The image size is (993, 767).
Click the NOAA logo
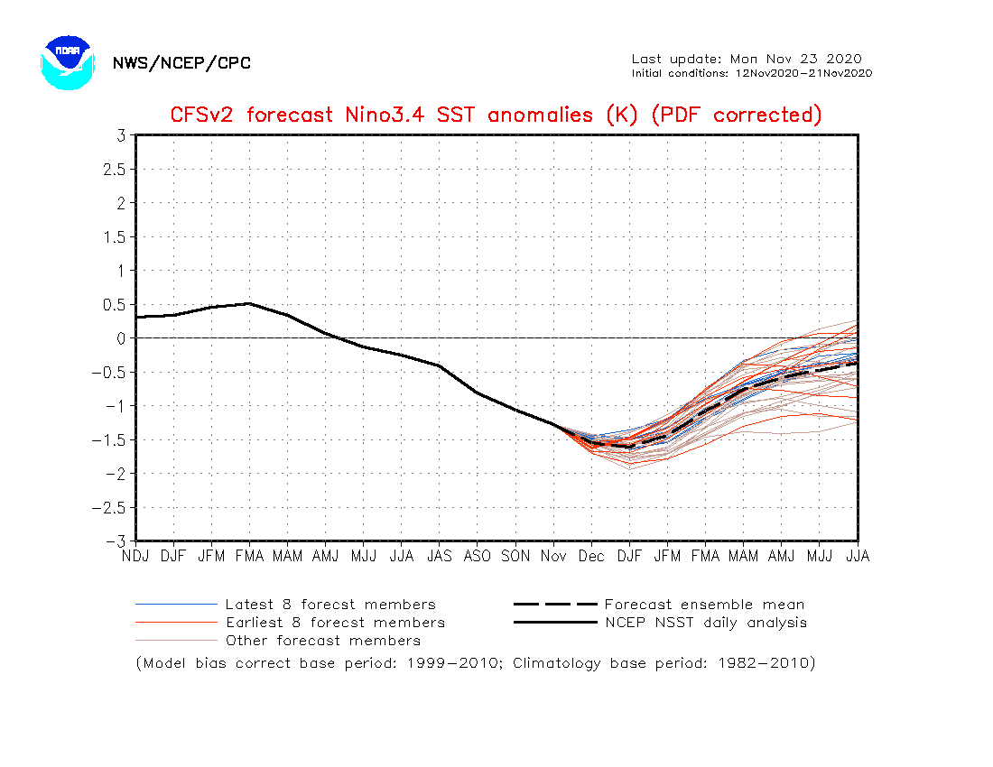(68, 62)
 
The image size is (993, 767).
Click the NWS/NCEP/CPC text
(181, 63)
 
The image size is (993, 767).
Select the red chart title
(496, 115)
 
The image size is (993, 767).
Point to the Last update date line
(747, 59)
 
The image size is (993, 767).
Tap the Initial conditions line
(752, 73)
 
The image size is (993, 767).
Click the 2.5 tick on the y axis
(114, 170)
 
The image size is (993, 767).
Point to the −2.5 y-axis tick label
(109, 507)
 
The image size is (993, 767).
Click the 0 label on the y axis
(121, 338)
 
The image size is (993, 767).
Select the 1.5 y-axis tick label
(115, 237)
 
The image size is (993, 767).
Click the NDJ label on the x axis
(135, 556)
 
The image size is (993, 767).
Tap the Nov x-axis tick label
(553, 556)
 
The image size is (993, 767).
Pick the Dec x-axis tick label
(591, 556)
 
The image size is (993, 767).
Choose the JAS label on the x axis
(440, 556)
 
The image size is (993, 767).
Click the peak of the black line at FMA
(249, 303)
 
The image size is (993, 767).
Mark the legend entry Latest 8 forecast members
(285, 605)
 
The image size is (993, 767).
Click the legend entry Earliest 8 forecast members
(290, 623)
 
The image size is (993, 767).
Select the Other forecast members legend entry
(278, 641)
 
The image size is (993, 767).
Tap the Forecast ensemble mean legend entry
(659, 605)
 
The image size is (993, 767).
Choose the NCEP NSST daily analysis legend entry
(661, 623)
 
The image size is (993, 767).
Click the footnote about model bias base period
(476, 663)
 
